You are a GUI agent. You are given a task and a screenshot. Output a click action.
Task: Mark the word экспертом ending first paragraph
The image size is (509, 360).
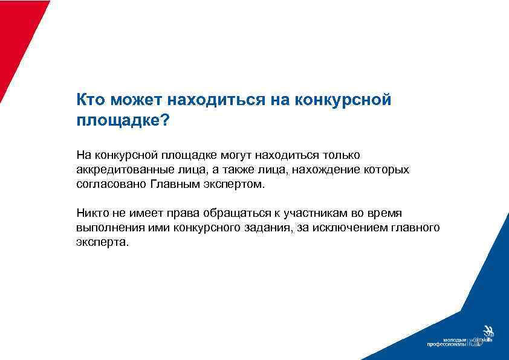[233, 184]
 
